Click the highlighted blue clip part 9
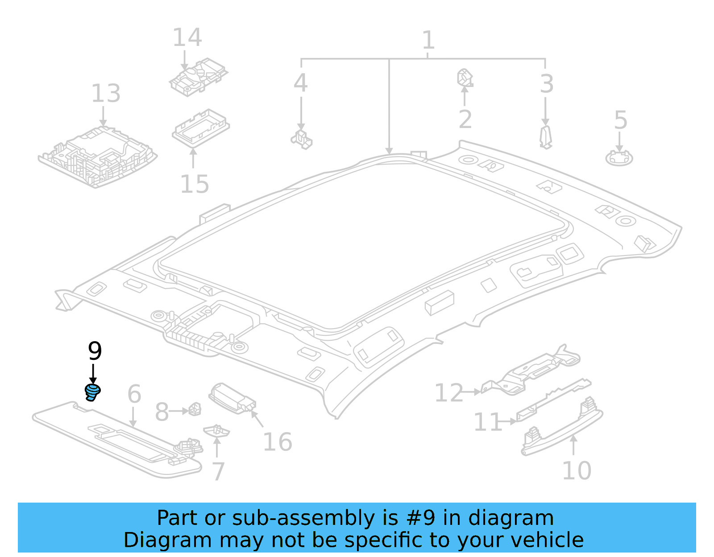pyautogui.click(x=92, y=392)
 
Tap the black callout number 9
pyautogui.click(x=95, y=351)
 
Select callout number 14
pyautogui.click(x=187, y=37)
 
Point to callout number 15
pyautogui.click(x=195, y=184)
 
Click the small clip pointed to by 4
pyautogui.click(x=302, y=139)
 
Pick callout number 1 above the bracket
pyautogui.click(x=428, y=41)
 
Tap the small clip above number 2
pyautogui.click(x=465, y=78)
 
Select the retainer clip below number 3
pyautogui.click(x=545, y=137)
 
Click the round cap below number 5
pyautogui.click(x=619, y=158)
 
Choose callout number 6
pyautogui.click(x=134, y=394)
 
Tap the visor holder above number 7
pyautogui.click(x=217, y=431)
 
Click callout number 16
pyautogui.click(x=278, y=442)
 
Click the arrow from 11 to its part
pyautogui.click(x=509, y=421)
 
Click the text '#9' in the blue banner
pyautogui.click(x=420, y=518)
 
